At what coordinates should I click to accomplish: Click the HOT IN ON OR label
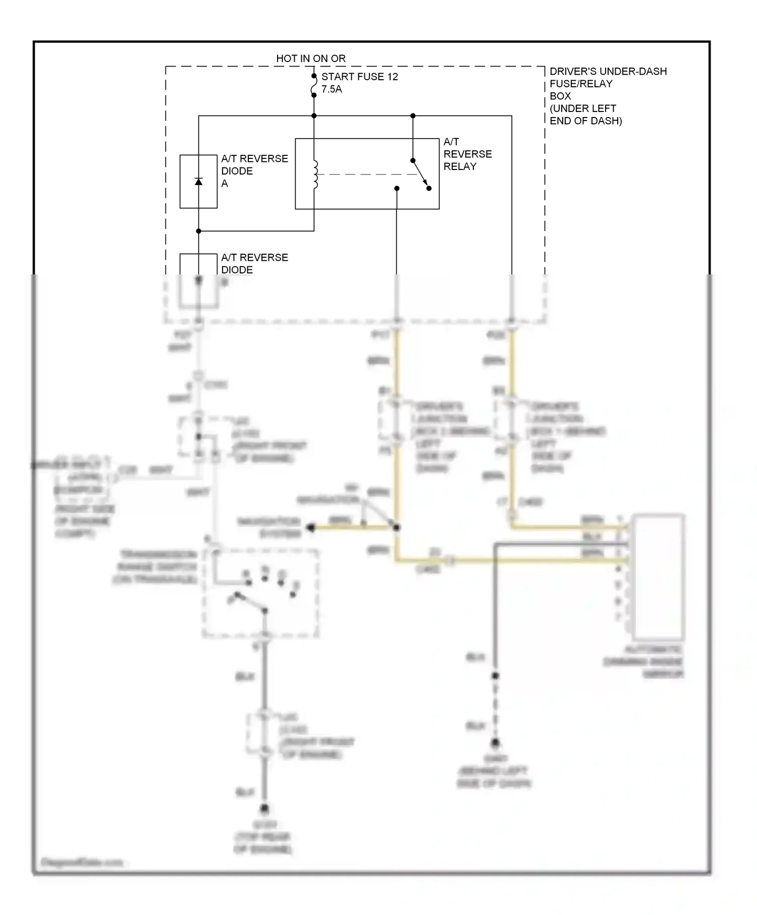pyautogui.click(x=310, y=59)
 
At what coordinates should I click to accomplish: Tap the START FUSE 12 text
pyautogui.click(x=359, y=77)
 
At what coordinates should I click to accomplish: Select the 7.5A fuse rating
pyautogui.click(x=332, y=89)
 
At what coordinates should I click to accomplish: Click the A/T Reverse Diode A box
pyautogui.click(x=198, y=182)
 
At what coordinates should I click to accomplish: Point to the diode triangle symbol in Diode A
pyautogui.click(x=198, y=182)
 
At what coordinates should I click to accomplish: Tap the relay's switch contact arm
pyautogui.click(x=421, y=175)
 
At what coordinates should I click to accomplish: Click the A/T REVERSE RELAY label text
pyautogui.click(x=467, y=154)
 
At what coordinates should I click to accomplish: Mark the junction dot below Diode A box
pyautogui.click(x=198, y=231)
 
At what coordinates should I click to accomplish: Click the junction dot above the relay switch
pyautogui.click(x=413, y=116)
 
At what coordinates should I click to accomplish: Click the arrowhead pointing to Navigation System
pyautogui.click(x=311, y=528)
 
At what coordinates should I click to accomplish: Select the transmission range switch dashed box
pyautogui.click(x=260, y=594)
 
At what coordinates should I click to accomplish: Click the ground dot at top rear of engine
pyautogui.click(x=264, y=809)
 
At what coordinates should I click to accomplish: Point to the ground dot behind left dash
pyautogui.click(x=496, y=742)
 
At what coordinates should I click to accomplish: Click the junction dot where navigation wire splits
pyautogui.click(x=397, y=528)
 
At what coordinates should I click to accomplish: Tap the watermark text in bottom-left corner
pyautogui.click(x=81, y=862)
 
